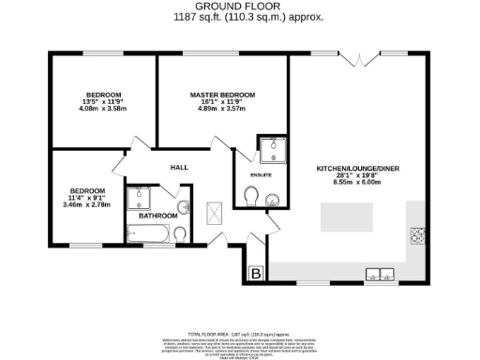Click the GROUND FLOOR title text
[240, 7]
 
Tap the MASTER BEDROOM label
[222, 96]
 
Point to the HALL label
[179, 168]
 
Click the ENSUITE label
[250, 174]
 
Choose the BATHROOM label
[152, 216]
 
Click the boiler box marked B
[255, 274]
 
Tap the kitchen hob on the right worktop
[416, 234]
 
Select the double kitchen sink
[380, 274]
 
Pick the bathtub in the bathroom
[152, 232]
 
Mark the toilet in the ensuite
[250, 196]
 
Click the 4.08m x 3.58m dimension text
[103, 108]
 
